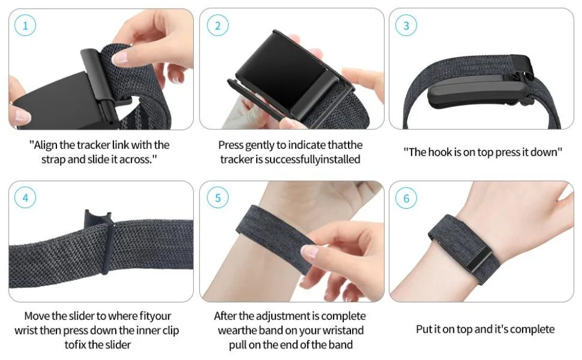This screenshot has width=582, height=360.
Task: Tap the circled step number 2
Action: tap(218, 26)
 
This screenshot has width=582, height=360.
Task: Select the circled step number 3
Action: tap(406, 26)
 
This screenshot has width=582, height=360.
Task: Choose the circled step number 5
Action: tap(218, 198)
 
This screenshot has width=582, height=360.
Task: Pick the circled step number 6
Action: tap(406, 198)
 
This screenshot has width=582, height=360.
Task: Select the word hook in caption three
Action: tap(439, 152)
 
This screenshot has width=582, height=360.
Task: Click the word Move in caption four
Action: tap(36, 316)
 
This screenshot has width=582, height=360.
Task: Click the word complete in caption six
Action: tap(532, 329)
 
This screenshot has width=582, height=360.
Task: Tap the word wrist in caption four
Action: tap(27, 330)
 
